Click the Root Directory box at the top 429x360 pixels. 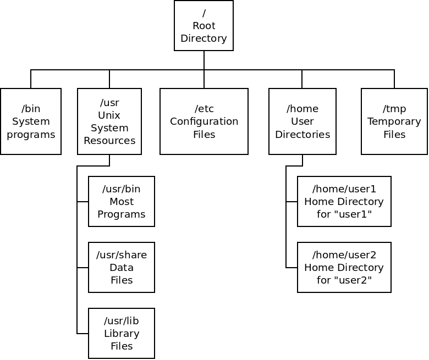click(204, 26)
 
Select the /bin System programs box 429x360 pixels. click(31, 121)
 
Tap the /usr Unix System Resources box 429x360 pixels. click(109, 121)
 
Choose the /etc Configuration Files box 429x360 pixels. click(204, 121)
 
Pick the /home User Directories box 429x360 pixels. click(302, 121)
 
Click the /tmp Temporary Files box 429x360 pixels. click(394, 121)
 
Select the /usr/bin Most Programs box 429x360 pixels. click(122, 201)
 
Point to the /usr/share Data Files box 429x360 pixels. click(122, 267)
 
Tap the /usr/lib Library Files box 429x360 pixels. click(122, 333)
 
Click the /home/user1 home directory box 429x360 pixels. click(344, 201)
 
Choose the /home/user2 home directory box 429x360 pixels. click(344, 267)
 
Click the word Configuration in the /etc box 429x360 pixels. click(204, 121)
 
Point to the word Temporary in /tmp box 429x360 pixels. click(394, 121)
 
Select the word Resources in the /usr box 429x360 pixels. click(109, 141)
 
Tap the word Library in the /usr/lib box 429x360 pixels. click(122, 334)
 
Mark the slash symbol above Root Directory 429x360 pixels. click(204, 13)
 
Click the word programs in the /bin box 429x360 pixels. click(31, 135)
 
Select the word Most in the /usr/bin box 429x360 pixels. click(122, 202)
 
